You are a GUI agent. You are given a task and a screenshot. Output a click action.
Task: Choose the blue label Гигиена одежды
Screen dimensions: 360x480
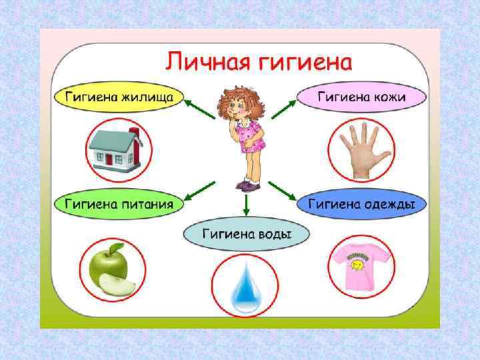coord(361,203)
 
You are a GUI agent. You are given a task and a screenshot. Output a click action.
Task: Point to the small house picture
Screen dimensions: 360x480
coord(114,150)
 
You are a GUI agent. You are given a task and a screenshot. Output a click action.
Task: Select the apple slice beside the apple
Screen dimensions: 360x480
coord(117,287)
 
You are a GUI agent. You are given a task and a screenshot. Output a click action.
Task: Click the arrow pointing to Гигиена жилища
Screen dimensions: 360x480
coord(198,108)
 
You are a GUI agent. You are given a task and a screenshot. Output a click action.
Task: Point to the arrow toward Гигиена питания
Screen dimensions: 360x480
coord(198,190)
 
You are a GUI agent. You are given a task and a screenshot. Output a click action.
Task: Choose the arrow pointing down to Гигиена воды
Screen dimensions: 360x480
coord(246,203)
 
